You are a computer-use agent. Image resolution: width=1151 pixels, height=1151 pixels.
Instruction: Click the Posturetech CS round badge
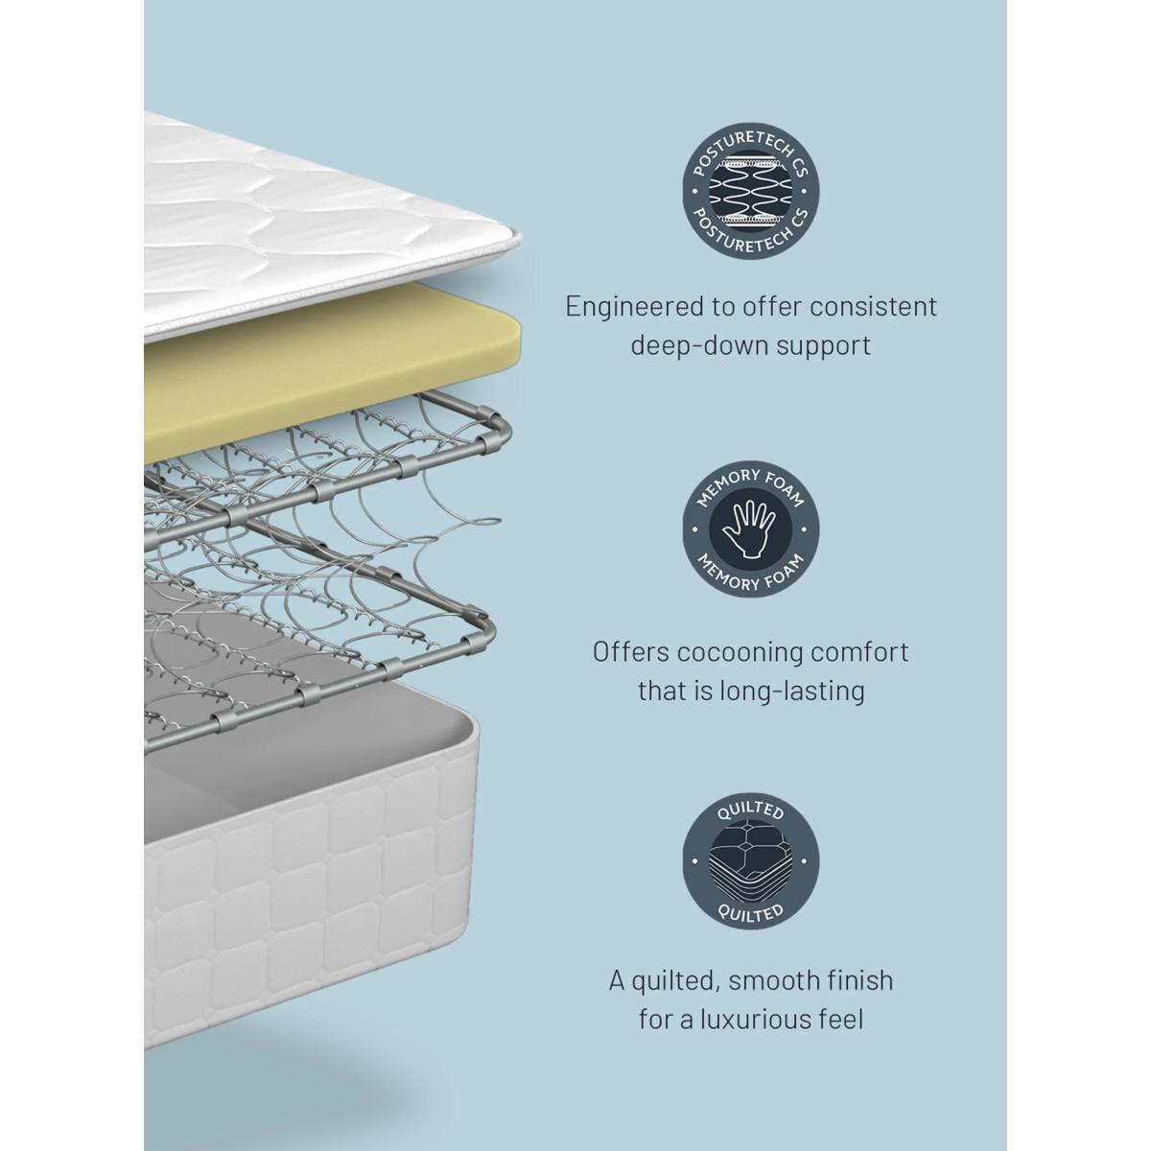[x=751, y=191]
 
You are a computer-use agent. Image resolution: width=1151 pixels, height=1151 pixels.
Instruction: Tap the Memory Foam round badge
[x=751, y=529]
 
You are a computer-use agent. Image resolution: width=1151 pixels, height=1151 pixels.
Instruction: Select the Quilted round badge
[x=751, y=861]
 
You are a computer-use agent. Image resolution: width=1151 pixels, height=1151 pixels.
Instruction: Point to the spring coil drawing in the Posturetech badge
[x=751, y=191]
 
